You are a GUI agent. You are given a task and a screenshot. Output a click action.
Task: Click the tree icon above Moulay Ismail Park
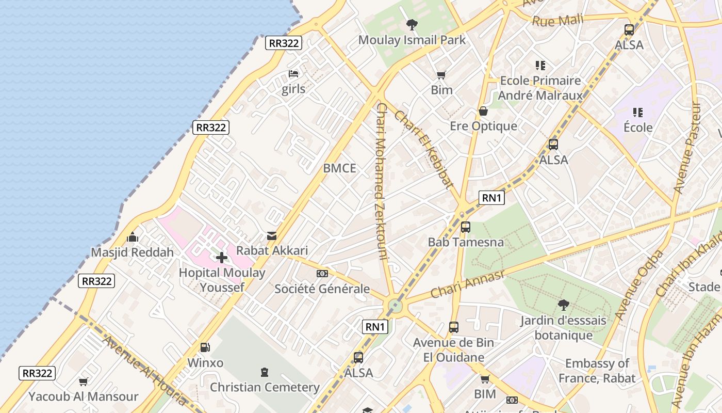[x=412, y=24]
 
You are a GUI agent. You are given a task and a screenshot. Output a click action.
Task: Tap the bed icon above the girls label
[x=293, y=74]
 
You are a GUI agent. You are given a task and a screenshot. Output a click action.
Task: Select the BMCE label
[x=339, y=168]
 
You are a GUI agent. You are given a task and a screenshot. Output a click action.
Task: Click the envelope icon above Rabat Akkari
[x=272, y=236]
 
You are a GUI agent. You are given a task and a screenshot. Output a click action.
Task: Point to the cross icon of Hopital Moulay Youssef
[x=222, y=257]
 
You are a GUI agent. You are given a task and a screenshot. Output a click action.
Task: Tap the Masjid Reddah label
[x=133, y=252]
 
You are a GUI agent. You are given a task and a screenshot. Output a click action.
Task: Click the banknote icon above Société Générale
[x=322, y=274]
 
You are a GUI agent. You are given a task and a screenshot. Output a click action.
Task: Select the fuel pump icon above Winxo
[x=205, y=347]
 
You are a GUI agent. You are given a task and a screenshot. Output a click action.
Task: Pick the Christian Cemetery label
[x=265, y=387]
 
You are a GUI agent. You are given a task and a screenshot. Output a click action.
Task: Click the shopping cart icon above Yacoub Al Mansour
[x=83, y=382]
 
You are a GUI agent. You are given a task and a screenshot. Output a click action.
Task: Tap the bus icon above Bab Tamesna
[x=466, y=227]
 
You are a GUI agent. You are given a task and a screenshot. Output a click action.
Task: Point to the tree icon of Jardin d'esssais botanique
[x=563, y=305]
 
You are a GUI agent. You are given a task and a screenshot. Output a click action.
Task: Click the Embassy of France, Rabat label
[x=597, y=371]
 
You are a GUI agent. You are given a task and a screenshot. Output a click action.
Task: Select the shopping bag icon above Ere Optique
[x=483, y=111]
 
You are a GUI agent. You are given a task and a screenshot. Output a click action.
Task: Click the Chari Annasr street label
[x=467, y=283]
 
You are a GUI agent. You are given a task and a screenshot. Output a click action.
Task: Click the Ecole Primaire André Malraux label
[x=540, y=88]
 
